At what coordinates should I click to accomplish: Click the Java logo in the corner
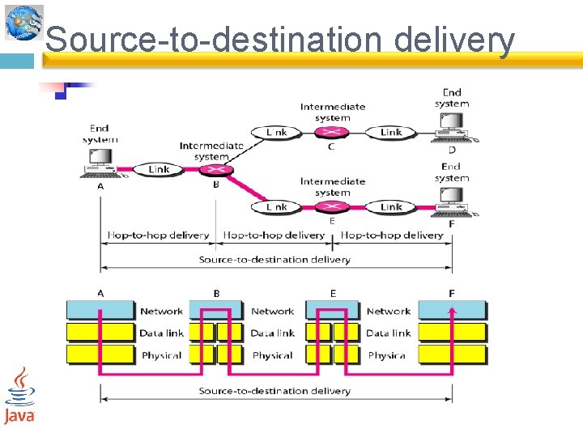click(x=19, y=395)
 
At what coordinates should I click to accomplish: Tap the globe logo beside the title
click(x=23, y=22)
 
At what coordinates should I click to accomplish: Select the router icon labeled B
click(x=216, y=170)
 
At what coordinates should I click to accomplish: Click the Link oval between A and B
click(x=159, y=169)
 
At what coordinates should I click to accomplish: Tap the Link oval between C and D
click(x=390, y=132)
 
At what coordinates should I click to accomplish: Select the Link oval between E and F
click(x=390, y=207)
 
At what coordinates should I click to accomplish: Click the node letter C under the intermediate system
click(x=332, y=146)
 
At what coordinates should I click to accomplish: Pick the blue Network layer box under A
click(x=100, y=310)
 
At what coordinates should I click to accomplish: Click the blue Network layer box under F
click(x=453, y=310)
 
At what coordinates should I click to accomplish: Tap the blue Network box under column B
click(x=216, y=310)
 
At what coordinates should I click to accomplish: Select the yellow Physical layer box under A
click(x=100, y=354)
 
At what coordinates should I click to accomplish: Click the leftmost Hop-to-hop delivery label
click(x=158, y=235)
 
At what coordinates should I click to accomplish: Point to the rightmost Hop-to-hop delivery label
click(x=392, y=235)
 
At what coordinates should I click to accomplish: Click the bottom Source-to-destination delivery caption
click(x=274, y=391)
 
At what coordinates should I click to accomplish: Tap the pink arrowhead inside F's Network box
click(x=453, y=308)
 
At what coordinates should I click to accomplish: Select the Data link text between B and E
click(x=273, y=333)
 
